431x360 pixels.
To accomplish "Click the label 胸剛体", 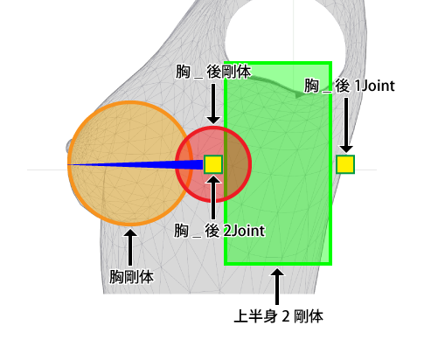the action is tap(131, 276).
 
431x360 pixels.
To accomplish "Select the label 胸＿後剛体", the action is tap(213, 72).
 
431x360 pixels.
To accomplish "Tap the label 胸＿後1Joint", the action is tap(350, 86).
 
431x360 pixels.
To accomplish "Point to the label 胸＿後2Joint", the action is tap(219, 231).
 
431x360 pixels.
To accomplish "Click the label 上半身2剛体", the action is tap(278, 316).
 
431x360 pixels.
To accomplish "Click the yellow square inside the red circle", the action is tap(213, 164).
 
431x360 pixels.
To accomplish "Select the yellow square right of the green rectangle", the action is tap(345, 164).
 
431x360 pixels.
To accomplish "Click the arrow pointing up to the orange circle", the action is tap(130, 247).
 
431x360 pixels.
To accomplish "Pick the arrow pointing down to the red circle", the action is tap(213, 104).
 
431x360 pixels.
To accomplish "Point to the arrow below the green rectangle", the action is tap(277, 287).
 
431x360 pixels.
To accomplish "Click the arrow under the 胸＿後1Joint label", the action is tap(346, 125).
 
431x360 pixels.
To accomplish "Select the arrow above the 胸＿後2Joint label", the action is tap(213, 197).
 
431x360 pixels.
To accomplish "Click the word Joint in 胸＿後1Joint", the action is tap(379, 86).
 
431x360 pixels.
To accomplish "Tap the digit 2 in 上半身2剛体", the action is tap(286, 316).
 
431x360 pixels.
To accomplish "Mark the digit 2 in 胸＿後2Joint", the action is tap(227, 231).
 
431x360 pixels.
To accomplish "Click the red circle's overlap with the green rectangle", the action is tap(238, 164).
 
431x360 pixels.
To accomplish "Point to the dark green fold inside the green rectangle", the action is tap(280, 85).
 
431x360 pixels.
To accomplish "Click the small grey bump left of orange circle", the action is tap(68, 147).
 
